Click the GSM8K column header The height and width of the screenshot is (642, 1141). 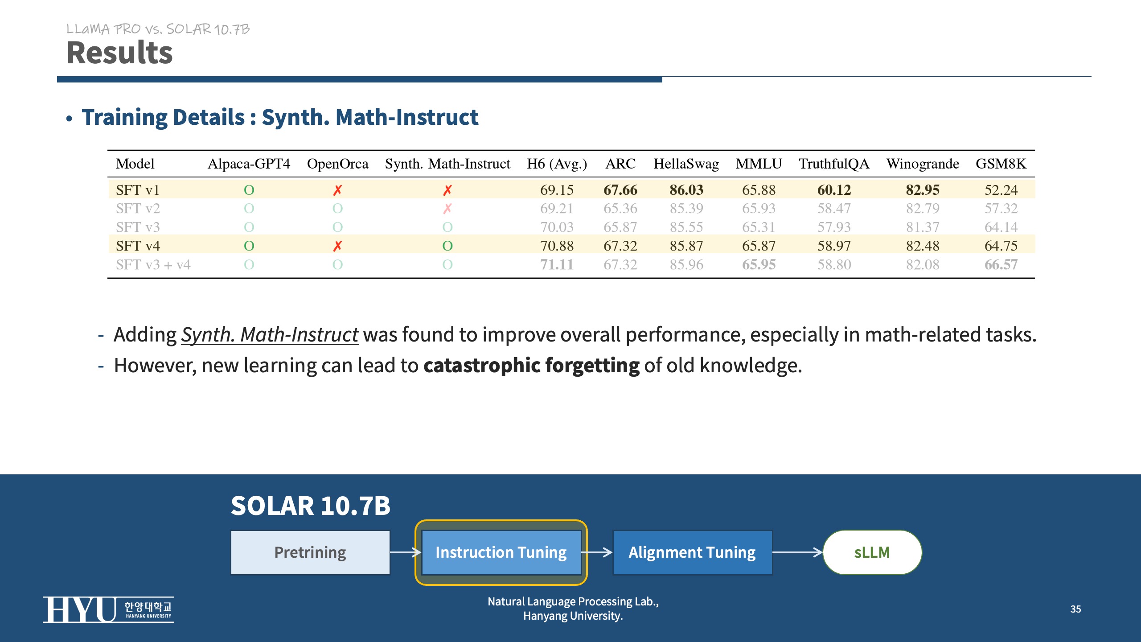pyautogui.click(x=1001, y=164)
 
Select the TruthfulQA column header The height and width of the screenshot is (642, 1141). pyautogui.click(x=833, y=164)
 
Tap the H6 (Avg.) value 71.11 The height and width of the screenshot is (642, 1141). pyautogui.click(x=557, y=264)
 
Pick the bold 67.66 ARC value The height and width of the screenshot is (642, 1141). pyautogui.click(x=620, y=190)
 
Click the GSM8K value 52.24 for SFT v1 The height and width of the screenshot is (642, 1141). pyautogui.click(x=1001, y=190)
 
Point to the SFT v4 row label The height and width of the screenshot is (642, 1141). pyautogui.click(x=138, y=246)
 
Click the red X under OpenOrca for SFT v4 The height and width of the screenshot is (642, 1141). pyautogui.click(x=337, y=246)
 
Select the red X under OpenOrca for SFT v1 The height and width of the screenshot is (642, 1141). pyautogui.click(x=337, y=190)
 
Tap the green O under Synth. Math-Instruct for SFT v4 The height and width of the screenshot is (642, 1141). pyautogui.click(x=447, y=246)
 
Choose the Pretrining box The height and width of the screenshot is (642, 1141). pyautogui.click(x=310, y=552)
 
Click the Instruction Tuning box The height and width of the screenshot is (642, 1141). pyautogui.click(x=501, y=552)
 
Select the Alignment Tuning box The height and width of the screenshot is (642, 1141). pyautogui.click(x=692, y=552)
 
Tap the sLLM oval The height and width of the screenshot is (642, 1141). pyautogui.click(x=872, y=552)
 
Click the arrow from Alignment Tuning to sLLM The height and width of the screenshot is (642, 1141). pyautogui.click(x=797, y=552)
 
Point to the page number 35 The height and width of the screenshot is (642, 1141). pyautogui.click(x=1075, y=609)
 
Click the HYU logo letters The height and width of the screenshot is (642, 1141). pyautogui.click(x=79, y=609)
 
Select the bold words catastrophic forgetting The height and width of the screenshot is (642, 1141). pyautogui.click(x=531, y=366)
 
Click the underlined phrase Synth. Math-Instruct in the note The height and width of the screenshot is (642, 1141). pyautogui.click(x=270, y=335)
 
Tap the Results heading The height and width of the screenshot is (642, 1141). pyautogui.click(x=119, y=53)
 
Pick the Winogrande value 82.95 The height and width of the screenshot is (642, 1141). pyautogui.click(x=922, y=190)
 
